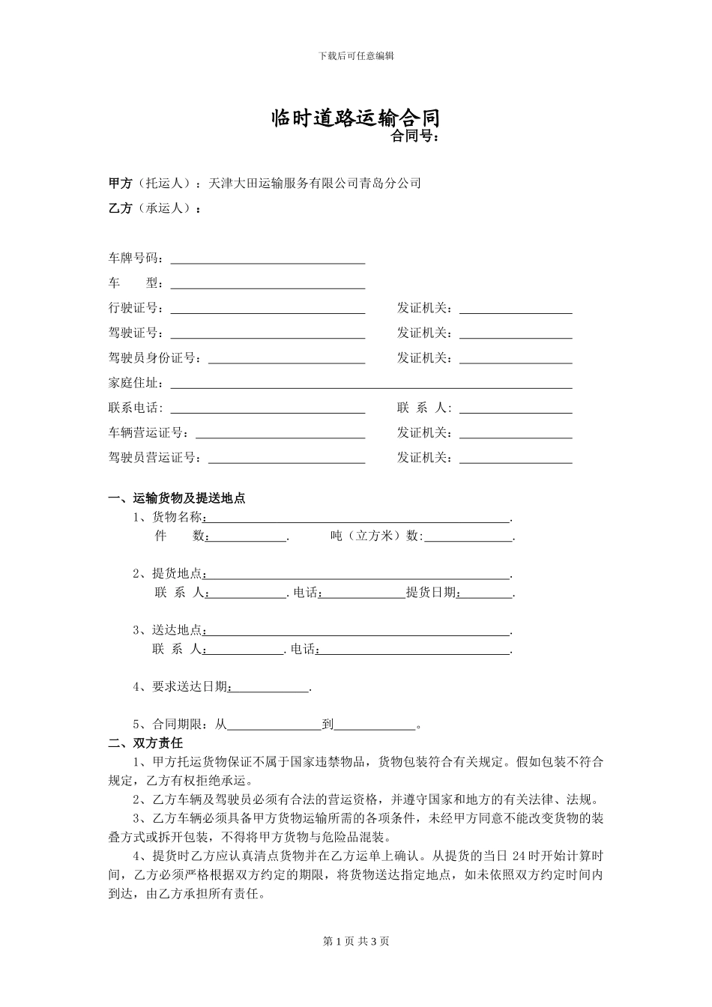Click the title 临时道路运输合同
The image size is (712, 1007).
(355, 118)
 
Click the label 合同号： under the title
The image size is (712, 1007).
(414, 136)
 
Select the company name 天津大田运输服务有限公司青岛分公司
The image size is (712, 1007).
(315, 183)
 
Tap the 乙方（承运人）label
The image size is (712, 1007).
(154, 208)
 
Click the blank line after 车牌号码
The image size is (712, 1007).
(268, 259)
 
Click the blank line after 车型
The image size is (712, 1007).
(268, 284)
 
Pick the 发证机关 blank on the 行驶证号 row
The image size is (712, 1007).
(516, 309)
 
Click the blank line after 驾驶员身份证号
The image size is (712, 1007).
(286, 359)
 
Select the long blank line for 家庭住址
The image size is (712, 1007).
(371, 384)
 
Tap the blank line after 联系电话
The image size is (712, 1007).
(268, 408)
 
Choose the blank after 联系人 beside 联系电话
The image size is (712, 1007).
(516, 408)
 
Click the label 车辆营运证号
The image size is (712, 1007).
(148, 433)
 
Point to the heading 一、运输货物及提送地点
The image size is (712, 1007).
(177, 498)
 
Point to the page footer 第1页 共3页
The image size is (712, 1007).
(356, 941)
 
